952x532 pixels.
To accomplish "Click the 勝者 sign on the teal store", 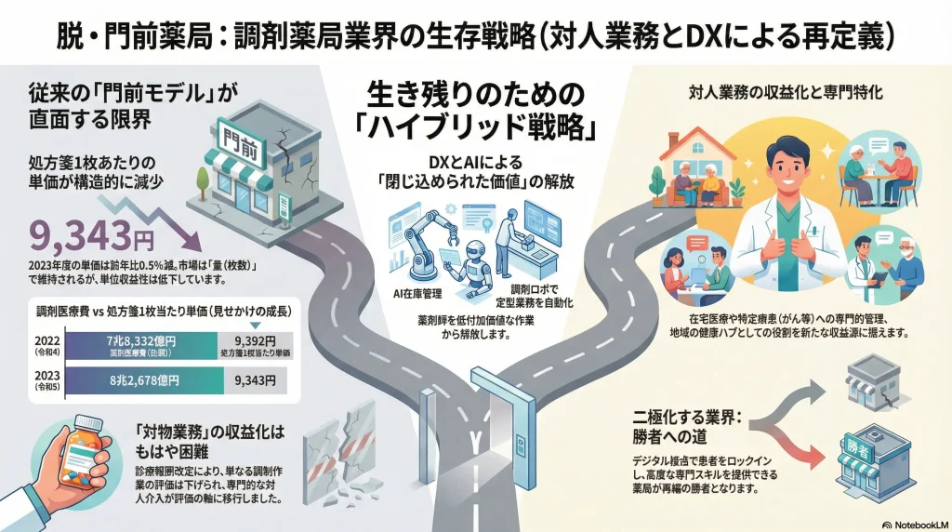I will (x=862, y=451).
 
